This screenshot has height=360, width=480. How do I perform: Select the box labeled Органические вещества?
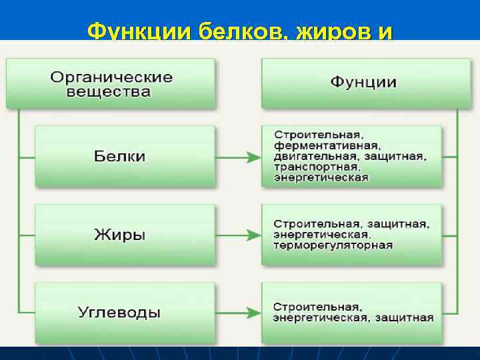click(x=111, y=83)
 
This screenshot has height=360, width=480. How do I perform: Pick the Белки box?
click(x=124, y=157)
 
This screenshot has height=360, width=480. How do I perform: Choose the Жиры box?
click(x=124, y=235)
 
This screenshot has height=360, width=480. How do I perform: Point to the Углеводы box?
click(x=124, y=311)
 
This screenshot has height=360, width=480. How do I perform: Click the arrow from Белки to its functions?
click(x=237, y=157)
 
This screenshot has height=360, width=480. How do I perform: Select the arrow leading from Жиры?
click(x=237, y=235)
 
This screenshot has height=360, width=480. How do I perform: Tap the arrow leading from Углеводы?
click(x=237, y=312)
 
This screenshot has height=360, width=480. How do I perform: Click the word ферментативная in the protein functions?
click(x=327, y=145)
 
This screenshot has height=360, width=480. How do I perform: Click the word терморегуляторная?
click(x=333, y=245)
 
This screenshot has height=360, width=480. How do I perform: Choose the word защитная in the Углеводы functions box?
click(x=404, y=318)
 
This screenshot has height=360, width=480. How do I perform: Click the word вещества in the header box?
click(x=108, y=92)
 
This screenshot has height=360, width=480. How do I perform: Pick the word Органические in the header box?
click(x=111, y=76)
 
